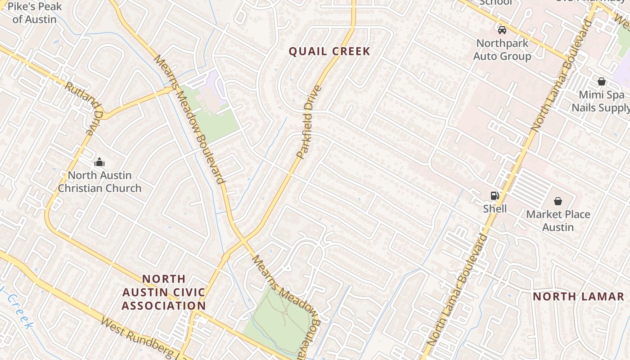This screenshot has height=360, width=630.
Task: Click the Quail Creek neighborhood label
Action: click(x=329, y=51)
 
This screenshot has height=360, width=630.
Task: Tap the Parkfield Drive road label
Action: click(x=309, y=122)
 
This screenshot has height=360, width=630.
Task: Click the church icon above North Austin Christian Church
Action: click(x=99, y=162)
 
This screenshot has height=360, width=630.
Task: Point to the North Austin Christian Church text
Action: click(x=99, y=182)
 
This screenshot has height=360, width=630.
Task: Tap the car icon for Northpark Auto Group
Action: click(x=502, y=30)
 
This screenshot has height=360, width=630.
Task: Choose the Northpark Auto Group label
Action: click(x=502, y=50)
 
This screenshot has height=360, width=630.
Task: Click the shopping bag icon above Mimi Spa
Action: click(x=601, y=81)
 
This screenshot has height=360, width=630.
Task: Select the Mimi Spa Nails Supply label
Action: click(x=601, y=101)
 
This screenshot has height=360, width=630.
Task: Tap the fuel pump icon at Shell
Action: click(x=495, y=195)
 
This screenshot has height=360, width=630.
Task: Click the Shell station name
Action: click(x=495, y=209)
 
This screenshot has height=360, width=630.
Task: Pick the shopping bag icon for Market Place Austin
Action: click(x=558, y=201)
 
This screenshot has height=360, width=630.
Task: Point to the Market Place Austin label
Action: click(x=558, y=220)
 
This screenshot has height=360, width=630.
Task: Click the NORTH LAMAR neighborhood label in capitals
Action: click(x=578, y=297)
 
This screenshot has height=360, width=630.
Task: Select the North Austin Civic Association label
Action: click(x=164, y=292)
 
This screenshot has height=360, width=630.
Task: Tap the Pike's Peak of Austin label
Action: click(x=35, y=13)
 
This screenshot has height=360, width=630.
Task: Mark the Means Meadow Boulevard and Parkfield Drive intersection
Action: click(x=243, y=240)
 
